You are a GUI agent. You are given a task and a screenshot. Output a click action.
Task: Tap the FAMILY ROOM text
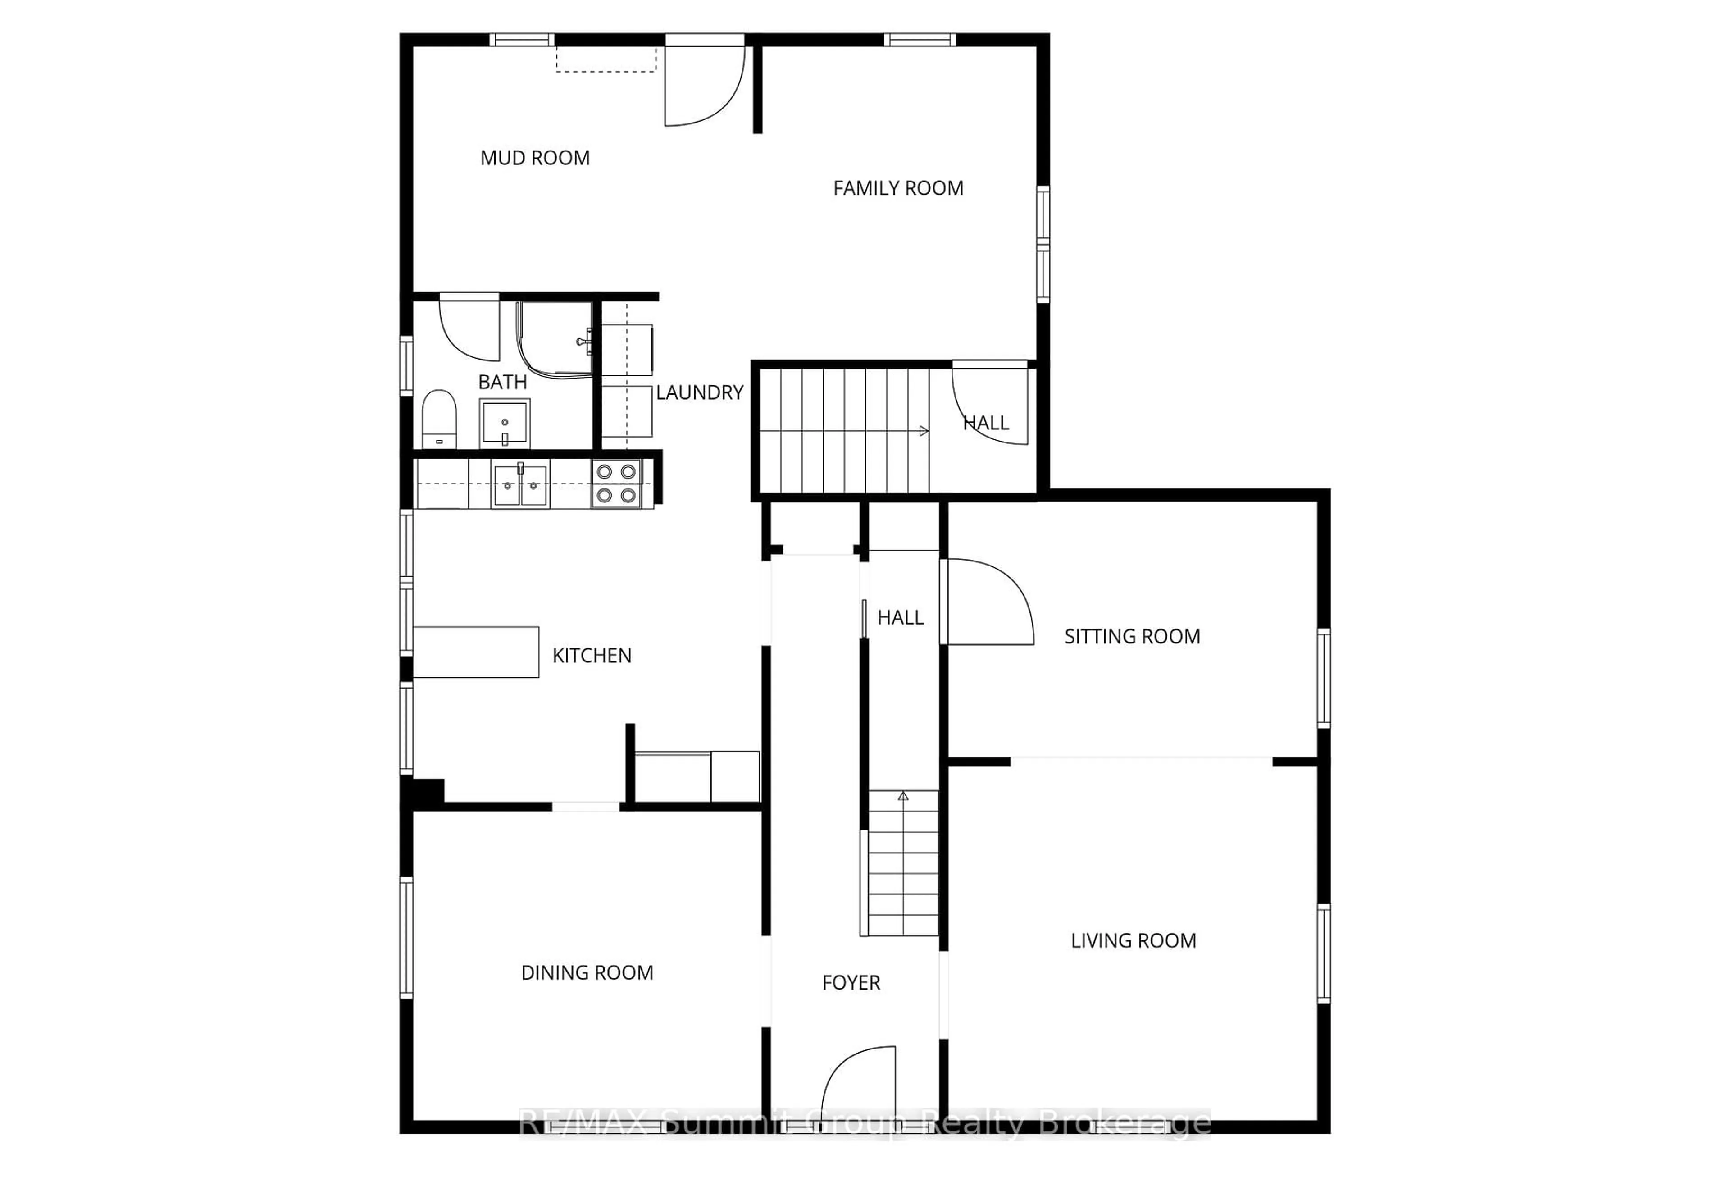(898, 188)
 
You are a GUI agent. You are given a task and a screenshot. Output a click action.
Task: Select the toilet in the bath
(439, 419)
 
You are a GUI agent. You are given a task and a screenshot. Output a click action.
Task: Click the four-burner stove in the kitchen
(616, 483)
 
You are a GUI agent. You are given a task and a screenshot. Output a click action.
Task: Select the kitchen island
(476, 652)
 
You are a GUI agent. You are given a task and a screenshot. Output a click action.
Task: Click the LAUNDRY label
(699, 392)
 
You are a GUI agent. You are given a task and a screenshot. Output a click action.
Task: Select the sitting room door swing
(988, 602)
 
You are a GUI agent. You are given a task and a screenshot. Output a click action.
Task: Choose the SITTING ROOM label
(1132, 637)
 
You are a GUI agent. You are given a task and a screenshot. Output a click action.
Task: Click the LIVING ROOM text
(1133, 941)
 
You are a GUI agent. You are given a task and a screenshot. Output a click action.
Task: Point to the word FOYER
(851, 983)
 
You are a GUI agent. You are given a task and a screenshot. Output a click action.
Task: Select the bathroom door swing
(469, 328)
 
